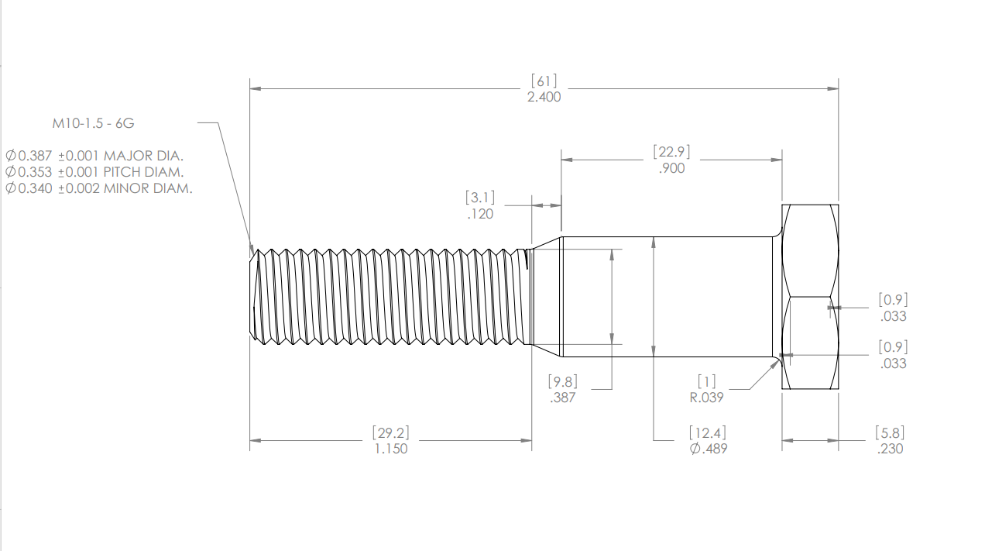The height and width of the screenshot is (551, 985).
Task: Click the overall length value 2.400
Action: click(543, 97)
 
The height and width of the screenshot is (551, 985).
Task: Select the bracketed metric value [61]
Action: click(543, 81)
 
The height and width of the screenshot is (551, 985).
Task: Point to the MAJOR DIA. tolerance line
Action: click(94, 155)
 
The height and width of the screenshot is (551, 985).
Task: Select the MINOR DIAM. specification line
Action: click(98, 188)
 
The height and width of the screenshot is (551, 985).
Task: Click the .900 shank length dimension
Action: click(671, 168)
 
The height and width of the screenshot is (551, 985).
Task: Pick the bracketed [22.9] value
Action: click(671, 151)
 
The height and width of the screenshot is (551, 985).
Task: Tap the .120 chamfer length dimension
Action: click(480, 214)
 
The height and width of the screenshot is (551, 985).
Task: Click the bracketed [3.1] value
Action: click(480, 197)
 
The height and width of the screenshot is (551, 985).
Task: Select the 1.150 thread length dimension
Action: click(390, 449)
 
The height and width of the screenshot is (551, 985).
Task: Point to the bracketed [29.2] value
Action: click(390, 432)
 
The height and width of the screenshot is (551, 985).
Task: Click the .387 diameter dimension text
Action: click(563, 398)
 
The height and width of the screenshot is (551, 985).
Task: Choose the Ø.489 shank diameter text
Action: click(708, 449)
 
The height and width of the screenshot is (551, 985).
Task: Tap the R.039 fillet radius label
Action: click(706, 398)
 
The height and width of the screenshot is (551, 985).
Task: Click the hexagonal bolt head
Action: click(810, 297)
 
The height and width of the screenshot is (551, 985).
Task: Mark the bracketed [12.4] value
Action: click(708, 432)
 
